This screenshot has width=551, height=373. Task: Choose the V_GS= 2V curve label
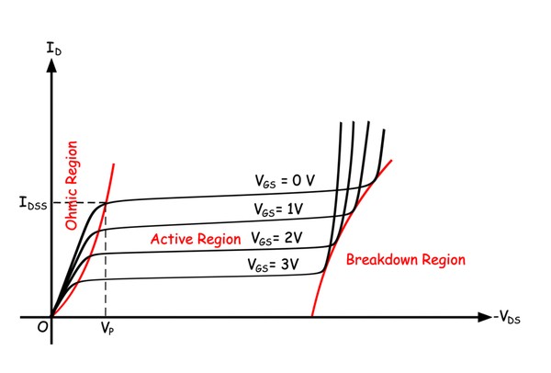pos(279,237)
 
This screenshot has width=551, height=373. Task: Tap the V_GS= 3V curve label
pos(275,264)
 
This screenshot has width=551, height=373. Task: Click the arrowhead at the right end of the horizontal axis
pos(487,317)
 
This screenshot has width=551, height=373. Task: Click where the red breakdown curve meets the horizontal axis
pos(312,317)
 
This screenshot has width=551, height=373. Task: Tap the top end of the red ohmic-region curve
pos(114,164)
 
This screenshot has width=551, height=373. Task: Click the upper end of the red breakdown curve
pos(392,160)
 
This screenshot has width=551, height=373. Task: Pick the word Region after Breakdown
pos(443,260)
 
